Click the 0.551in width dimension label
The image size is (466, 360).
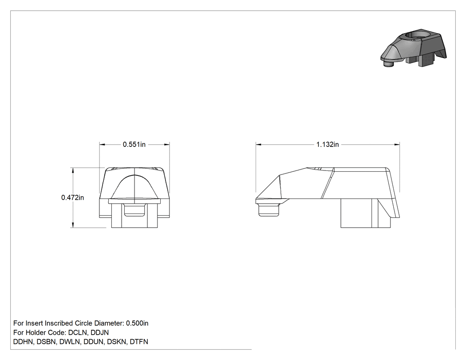pyautogui.click(x=134, y=144)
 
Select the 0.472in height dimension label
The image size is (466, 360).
pyautogui.click(x=72, y=198)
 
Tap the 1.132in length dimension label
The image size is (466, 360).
pyautogui.click(x=328, y=144)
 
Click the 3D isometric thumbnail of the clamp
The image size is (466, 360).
pyautogui.click(x=413, y=48)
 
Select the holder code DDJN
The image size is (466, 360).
pyautogui.click(x=99, y=332)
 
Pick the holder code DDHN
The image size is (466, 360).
pyautogui.click(x=24, y=342)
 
